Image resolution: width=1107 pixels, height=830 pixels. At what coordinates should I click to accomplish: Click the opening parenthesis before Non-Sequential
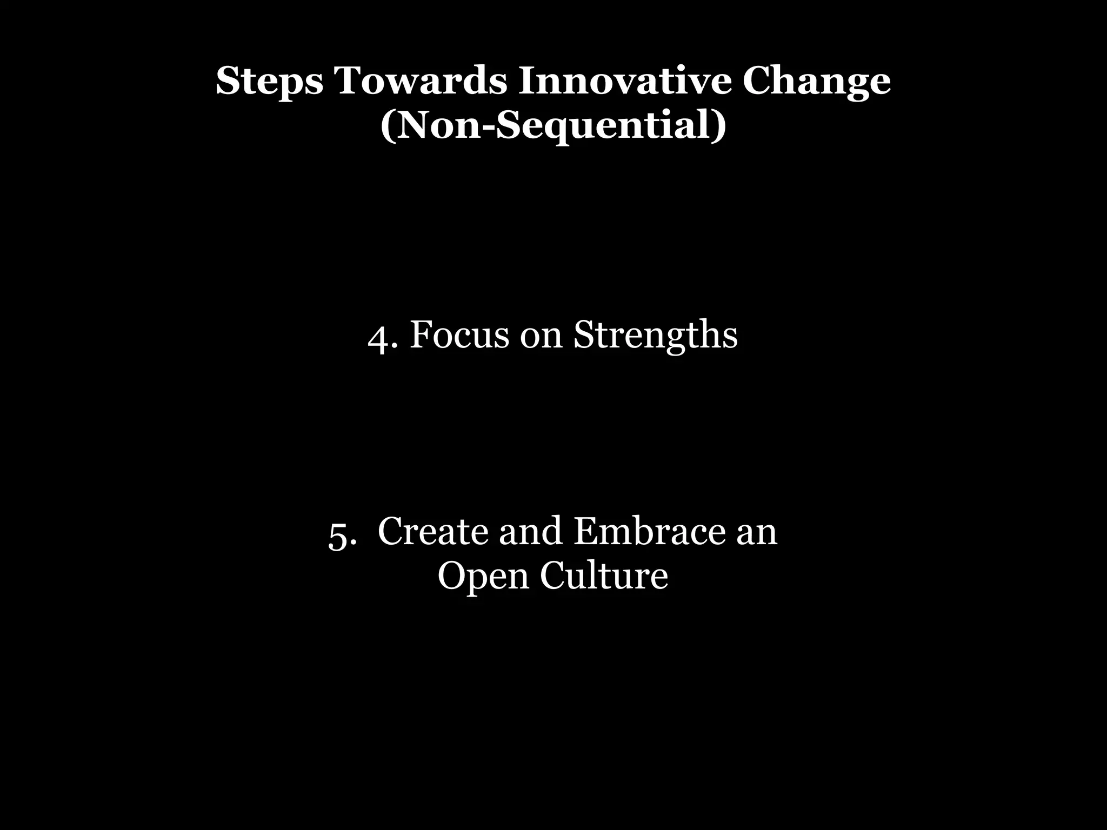pyautogui.click(x=386, y=126)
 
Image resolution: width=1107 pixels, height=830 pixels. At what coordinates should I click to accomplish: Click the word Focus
pyautogui.click(x=459, y=335)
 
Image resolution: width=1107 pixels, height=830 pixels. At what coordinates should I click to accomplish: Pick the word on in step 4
pyautogui.click(x=541, y=336)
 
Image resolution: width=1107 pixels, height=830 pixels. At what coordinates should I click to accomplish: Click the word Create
pyautogui.click(x=434, y=531)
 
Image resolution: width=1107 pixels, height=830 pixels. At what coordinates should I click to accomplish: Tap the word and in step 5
pyautogui.click(x=530, y=531)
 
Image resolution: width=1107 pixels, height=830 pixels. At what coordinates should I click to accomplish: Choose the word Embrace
pyautogui.click(x=648, y=531)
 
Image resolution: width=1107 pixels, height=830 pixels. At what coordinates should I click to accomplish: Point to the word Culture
pyautogui.click(x=604, y=575)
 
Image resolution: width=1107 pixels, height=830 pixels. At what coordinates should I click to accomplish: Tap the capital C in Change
pyautogui.click(x=756, y=81)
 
